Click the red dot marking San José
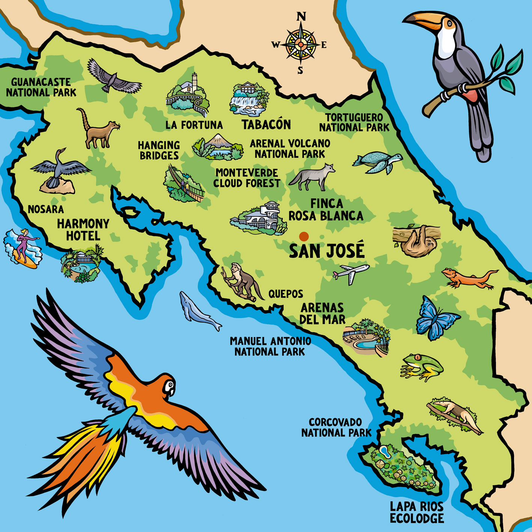click(304, 236)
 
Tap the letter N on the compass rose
click(301, 17)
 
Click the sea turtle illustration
click(377, 162)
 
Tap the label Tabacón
click(266, 124)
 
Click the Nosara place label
click(45, 209)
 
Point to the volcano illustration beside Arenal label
click(218, 146)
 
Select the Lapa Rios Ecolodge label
click(416, 512)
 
